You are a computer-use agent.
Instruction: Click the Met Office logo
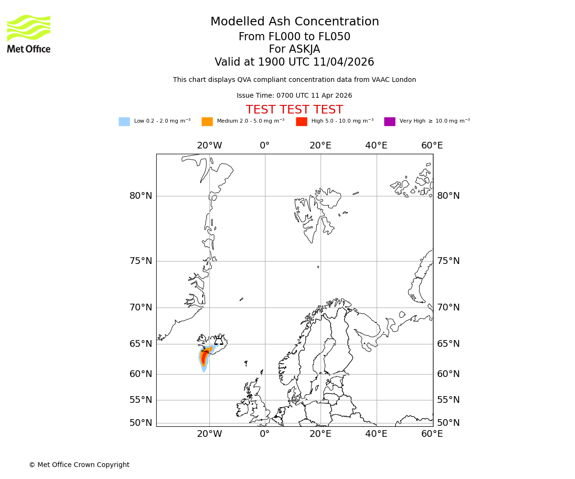tap(29, 34)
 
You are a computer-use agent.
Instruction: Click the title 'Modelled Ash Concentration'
tap(294, 22)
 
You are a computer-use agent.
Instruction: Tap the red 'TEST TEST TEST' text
tap(294, 110)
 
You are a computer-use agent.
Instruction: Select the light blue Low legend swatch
tap(124, 122)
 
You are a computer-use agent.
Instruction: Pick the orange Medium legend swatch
tap(207, 122)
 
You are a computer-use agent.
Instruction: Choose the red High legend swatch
tap(301, 122)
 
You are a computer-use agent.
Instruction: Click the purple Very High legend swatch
tap(390, 122)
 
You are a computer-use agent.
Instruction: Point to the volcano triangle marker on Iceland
tap(218, 341)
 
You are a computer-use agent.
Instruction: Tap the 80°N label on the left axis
tap(140, 196)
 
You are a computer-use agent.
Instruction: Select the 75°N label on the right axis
tap(448, 261)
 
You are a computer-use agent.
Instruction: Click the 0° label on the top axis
tap(264, 146)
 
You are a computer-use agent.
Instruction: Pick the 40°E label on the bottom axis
tap(376, 434)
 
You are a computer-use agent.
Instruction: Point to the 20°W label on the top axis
tap(209, 146)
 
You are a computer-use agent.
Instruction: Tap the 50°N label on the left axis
tap(140, 423)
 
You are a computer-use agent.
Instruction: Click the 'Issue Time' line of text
tap(294, 96)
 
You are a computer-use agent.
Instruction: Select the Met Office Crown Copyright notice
tap(79, 465)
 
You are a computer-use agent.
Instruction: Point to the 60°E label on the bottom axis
tap(432, 434)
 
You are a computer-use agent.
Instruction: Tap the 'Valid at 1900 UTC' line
tap(294, 62)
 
